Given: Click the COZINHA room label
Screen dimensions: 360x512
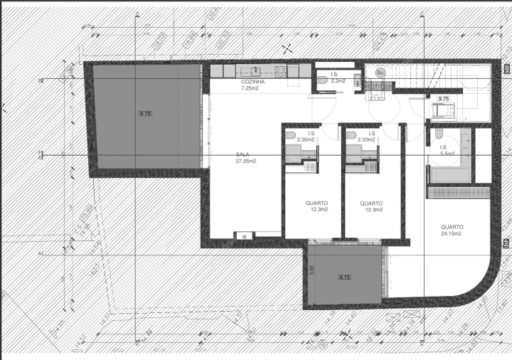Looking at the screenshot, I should click(x=253, y=82).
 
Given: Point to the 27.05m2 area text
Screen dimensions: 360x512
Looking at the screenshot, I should click(x=246, y=162).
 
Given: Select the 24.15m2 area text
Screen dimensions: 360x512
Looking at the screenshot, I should click(x=451, y=233).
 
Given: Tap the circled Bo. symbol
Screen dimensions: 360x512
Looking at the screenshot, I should click(x=380, y=73).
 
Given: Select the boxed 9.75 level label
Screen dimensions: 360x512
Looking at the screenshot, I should click(x=444, y=99).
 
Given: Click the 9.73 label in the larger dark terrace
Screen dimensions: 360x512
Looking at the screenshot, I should click(x=146, y=113).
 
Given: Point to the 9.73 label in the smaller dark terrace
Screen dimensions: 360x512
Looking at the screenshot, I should click(x=346, y=277).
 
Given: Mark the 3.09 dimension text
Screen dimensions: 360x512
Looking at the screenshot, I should click(x=311, y=270).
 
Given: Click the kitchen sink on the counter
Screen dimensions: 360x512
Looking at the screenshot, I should click(x=254, y=70).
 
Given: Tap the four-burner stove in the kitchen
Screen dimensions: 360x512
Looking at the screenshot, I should click(x=280, y=71).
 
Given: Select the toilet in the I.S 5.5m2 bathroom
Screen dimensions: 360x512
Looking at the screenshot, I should click(x=439, y=134).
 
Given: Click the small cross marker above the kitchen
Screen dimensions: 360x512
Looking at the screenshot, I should click(x=287, y=48).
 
